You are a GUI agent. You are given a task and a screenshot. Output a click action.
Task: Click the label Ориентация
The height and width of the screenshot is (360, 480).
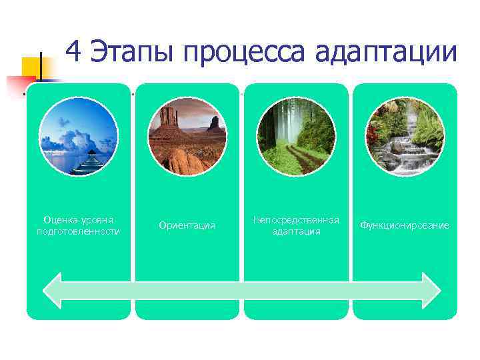(187, 225)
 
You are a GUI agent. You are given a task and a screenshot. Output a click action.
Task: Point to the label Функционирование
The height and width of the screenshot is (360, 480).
(405, 225)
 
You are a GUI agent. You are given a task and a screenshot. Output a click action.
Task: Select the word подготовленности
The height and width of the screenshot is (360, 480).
(78, 231)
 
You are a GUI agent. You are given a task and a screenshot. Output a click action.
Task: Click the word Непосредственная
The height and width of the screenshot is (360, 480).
(296, 219)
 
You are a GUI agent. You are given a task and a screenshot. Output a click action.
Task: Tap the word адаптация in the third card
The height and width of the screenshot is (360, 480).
(296, 231)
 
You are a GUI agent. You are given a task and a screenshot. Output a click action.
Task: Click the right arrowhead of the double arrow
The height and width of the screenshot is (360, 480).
(430, 290)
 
